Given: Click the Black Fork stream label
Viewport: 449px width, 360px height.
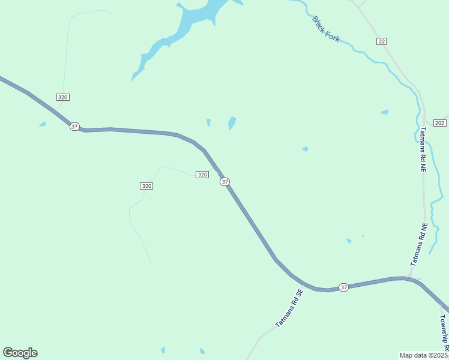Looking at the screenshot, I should coord(325,29).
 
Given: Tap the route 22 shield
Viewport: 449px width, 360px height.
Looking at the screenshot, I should coord(382,41).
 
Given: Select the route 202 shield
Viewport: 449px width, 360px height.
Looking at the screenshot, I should coord(439,123).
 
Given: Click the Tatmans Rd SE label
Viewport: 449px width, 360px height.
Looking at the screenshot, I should coord(290,308).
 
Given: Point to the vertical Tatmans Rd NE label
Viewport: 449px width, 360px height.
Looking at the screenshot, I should coord(423,149).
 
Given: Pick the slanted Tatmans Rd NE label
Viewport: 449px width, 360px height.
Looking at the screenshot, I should coord(419,245).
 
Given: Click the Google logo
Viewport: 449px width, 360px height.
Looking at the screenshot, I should coord(20,353).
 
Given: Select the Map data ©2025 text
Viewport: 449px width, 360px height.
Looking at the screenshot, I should coord(424,355).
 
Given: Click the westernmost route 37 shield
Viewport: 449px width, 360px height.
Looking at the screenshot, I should coord(74,127).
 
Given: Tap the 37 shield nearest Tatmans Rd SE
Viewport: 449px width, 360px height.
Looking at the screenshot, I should coord(343,287).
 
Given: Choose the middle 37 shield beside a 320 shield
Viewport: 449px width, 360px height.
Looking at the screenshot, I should coord(224,181).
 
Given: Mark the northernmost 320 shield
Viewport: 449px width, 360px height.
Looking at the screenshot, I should coord(63,97).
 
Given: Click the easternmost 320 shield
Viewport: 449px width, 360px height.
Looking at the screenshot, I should coord(202,175).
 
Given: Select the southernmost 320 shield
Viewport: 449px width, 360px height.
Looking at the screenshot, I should coord(146,186).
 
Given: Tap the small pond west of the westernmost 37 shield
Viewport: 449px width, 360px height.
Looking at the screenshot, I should coord(42,124).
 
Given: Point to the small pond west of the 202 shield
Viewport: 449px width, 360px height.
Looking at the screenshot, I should coord(384,112).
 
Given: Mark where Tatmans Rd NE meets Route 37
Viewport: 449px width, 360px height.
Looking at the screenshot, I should coord(409,278).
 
